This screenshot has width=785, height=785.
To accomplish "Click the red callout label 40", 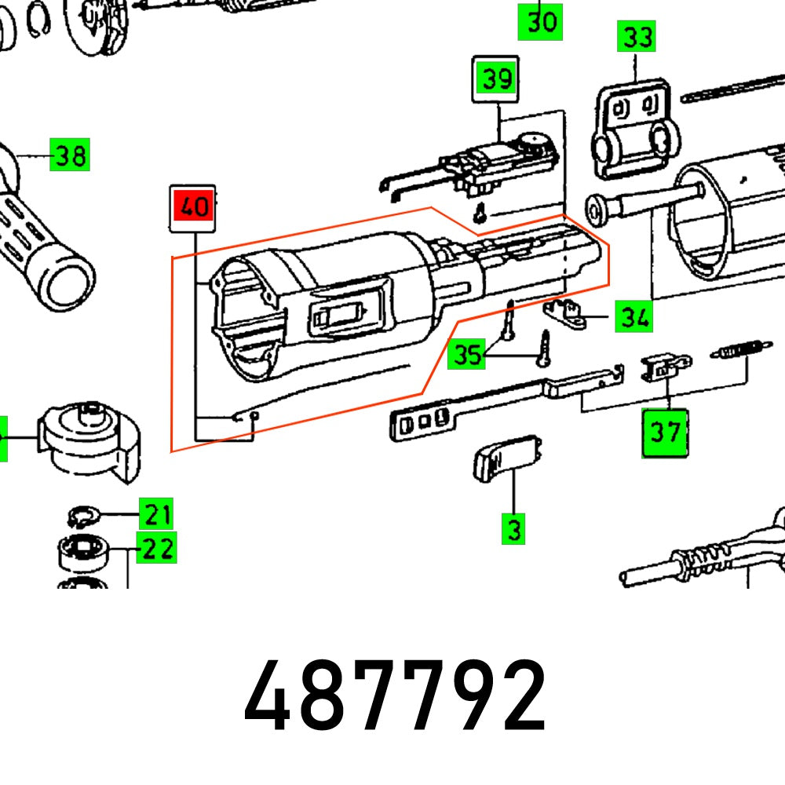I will coord(193,208).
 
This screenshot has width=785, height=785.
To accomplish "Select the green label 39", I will coord(495,78).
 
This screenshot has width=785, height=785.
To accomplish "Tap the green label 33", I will coord(637,37).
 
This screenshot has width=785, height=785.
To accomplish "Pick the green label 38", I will coord(70,156).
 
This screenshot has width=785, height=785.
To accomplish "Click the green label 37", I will coord(664,432).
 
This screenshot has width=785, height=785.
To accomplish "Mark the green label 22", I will coord(157,548).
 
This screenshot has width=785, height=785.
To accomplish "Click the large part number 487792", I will coord(395,696).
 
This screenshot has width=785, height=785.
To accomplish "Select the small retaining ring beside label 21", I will coord(81,516).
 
